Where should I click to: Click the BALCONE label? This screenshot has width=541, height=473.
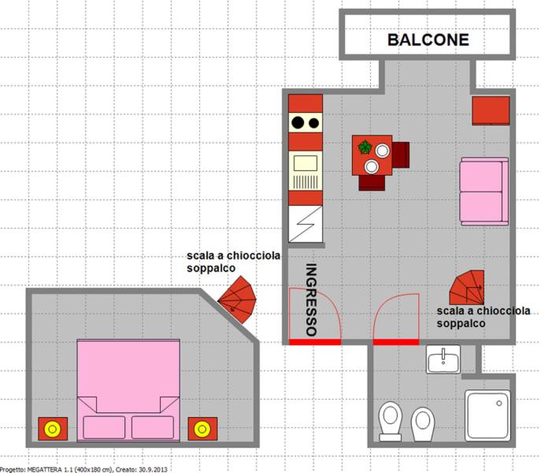pos(428,39)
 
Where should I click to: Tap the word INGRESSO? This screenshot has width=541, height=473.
pos(311,300)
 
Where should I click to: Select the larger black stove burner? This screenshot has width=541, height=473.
pos(298,122)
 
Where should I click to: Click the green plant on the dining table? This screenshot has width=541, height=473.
pos(365,147)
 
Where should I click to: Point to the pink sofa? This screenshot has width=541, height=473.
pos(484,192)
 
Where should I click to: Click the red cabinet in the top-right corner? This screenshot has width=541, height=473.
pos(491,110)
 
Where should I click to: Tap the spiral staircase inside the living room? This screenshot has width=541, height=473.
pos(467,288)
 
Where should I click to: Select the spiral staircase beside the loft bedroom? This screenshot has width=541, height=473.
pos(237,300)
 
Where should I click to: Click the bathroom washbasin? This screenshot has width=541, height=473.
pos(443,359)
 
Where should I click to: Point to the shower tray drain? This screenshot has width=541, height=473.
pos(499,403)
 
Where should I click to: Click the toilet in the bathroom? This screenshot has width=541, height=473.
pos(391,421)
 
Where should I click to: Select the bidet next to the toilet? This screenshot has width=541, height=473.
pos(423,423)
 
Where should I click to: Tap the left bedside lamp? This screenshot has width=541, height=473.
pos(53,429)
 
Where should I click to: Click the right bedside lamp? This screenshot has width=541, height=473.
pos(202,429)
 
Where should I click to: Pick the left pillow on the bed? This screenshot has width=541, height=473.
pos(104,427)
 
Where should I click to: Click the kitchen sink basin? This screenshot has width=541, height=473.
pos(306,163)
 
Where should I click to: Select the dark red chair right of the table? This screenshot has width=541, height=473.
pos(401,155)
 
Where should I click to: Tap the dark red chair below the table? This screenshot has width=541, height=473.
pos(372,183)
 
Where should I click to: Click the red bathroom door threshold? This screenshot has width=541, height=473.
pos(396,342)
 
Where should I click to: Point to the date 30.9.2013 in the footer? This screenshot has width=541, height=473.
pos(154,470)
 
